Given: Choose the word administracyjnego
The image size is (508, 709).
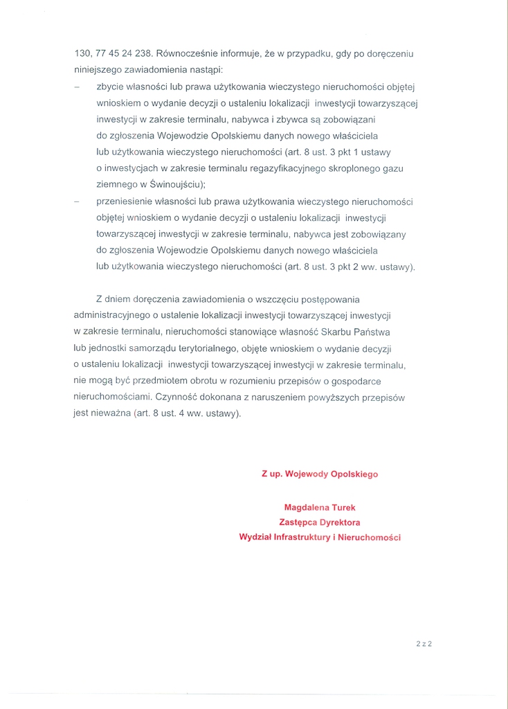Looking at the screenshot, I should click(x=111, y=316).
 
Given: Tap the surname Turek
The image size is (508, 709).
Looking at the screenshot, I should click(x=343, y=508).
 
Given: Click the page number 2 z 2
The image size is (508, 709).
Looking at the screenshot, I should click(x=424, y=643).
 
